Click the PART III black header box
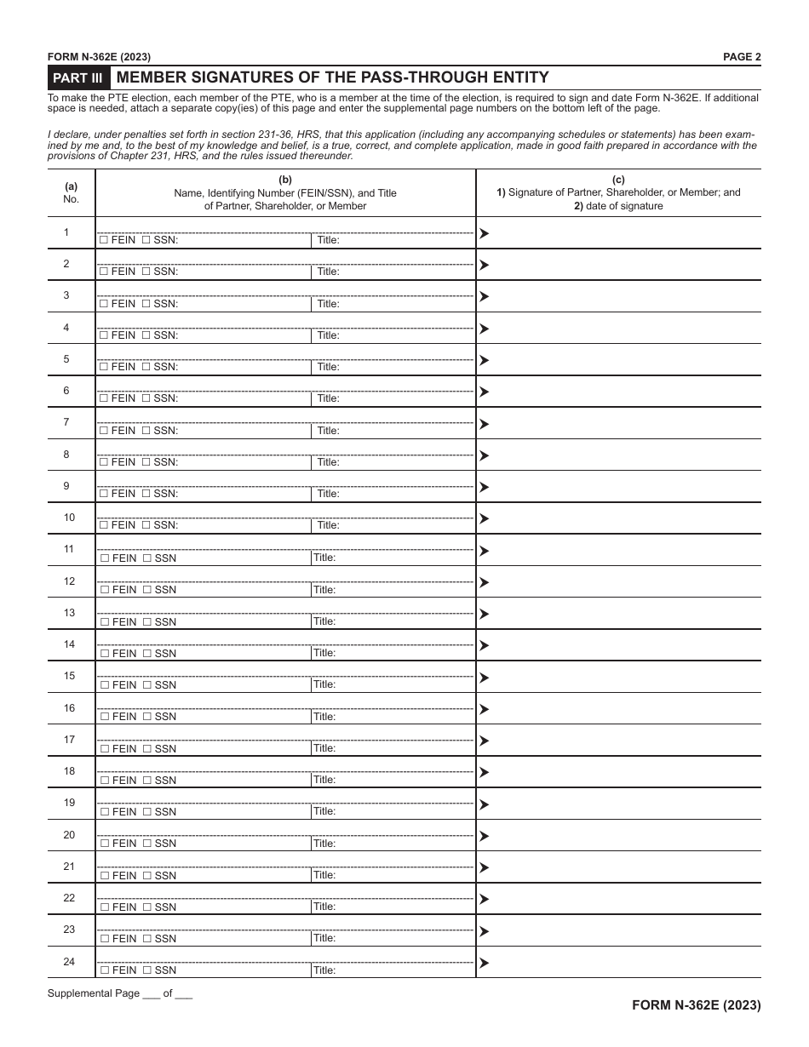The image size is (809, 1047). click(78, 77)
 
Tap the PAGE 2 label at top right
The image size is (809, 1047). click(742, 57)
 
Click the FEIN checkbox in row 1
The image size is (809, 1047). click(103, 241)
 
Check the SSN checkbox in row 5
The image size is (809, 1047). click(146, 367)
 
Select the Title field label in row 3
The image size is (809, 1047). click(328, 304)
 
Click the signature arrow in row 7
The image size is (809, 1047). click(484, 424)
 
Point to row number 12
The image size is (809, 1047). click(69, 581)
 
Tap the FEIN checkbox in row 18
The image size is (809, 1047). click(104, 781)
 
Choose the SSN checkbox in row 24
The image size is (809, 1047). click(146, 970)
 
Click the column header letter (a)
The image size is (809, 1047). click(72, 186)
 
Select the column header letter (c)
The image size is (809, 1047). click(618, 180)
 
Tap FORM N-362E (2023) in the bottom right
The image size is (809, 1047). click(696, 1004)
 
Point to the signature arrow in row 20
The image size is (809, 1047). click(484, 836)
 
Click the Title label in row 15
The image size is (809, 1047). click(324, 684)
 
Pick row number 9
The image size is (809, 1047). click(66, 486)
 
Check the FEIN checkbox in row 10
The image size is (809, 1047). click(103, 525)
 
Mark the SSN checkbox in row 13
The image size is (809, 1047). click(146, 622)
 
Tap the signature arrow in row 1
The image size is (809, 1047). click(484, 233)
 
